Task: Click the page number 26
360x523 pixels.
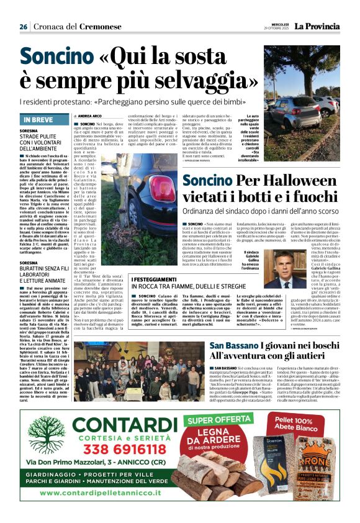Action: click(x=23, y=27)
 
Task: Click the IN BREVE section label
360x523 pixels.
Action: click(x=38, y=119)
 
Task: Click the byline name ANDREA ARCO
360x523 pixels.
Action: click(x=89, y=116)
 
